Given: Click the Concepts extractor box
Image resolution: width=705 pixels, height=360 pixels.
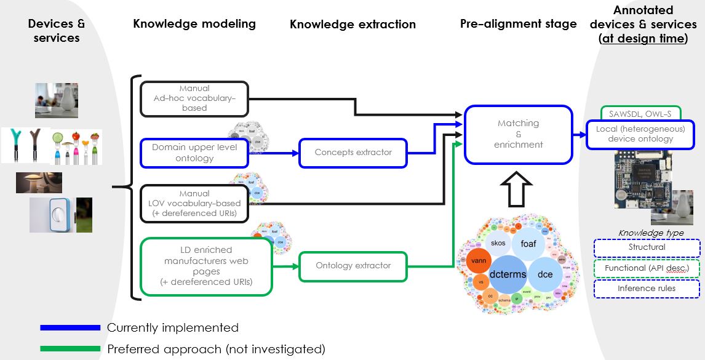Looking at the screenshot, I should point(353,153).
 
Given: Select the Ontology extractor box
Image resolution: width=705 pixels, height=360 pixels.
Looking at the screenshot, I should point(353,266).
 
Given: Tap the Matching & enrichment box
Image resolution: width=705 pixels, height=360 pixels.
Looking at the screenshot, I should point(518,134).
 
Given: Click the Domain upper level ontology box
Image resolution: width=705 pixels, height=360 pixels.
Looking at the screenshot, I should point(194,153).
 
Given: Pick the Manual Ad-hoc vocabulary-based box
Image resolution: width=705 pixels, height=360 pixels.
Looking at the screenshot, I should point(194,98).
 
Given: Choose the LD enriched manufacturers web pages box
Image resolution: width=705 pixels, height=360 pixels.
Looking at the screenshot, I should point(206,266).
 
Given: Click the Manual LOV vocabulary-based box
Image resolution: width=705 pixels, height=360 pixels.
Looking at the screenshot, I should point(194,203).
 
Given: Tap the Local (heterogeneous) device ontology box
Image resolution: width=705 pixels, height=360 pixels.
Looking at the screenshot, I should point(640,134).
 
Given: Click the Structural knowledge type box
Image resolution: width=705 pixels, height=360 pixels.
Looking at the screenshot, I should point(647,247).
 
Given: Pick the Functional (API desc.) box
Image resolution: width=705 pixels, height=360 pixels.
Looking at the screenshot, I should point(647,268).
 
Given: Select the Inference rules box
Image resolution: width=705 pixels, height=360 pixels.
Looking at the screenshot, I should point(647,289).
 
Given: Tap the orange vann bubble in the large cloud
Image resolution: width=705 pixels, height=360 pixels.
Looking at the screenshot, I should point(479,261).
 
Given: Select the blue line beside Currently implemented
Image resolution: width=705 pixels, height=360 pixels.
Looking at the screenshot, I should point(69,328).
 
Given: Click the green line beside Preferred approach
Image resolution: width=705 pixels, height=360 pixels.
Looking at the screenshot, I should point(69,349).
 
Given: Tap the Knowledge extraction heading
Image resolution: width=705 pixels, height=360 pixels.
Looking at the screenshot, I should point(352,25).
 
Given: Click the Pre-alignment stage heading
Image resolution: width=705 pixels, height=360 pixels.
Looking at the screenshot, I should point(518,24).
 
